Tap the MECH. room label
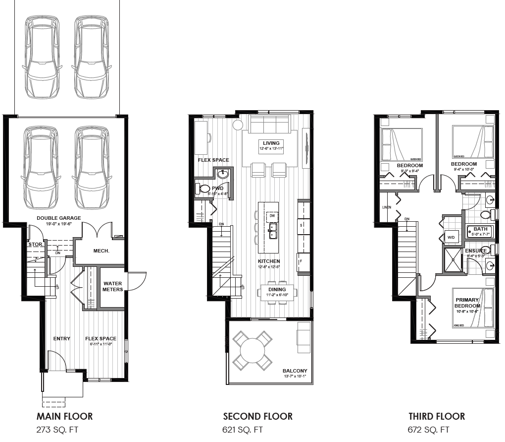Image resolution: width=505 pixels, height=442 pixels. (x=101, y=251)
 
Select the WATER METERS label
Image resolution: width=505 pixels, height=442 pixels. (x=112, y=286)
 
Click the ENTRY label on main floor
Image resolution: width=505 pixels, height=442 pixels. (x=62, y=338)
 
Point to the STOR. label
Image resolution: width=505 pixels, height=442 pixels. (x=35, y=245)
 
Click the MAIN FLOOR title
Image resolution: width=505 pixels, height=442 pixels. (x=64, y=416)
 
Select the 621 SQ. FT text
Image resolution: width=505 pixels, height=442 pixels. (x=243, y=430)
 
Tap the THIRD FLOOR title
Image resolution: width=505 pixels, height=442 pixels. (x=437, y=416)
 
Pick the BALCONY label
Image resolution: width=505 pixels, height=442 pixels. (x=295, y=371)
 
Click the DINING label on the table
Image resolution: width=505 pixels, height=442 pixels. (x=277, y=290)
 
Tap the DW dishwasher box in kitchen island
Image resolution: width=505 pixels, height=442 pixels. (x=272, y=216)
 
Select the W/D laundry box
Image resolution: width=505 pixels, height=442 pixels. (x=452, y=238)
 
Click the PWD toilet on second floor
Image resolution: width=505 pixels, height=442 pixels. (x=203, y=189)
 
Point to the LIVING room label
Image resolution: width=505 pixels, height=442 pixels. (x=271, y=143)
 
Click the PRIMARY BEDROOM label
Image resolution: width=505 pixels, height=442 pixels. (x=467, y=303)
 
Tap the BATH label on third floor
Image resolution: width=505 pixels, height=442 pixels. (x=480, y=229)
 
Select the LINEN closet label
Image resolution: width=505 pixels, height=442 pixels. (x=387, y=207)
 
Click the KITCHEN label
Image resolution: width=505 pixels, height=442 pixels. (x=269, y=261)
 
